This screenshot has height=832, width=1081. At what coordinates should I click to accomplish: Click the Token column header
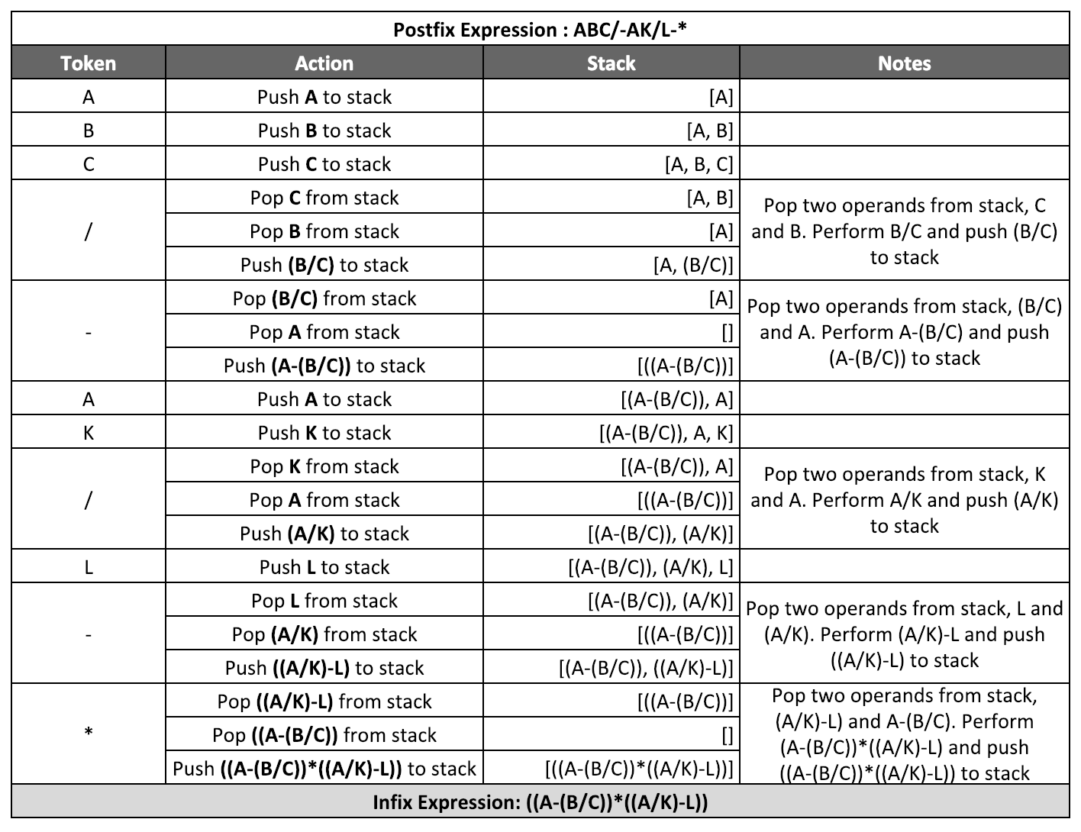(89, 63)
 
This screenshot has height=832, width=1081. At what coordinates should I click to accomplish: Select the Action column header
(324, 63)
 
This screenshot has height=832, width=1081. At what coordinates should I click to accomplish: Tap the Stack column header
(611, 63)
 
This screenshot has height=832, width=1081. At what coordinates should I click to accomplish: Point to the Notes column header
(904, 63)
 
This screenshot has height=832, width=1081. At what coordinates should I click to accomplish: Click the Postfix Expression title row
(540, 30)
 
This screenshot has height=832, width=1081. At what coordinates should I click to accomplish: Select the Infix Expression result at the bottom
(540, 802)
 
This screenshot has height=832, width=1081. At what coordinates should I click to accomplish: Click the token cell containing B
(89, 131)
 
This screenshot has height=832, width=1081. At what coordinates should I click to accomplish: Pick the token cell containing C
(89, 164)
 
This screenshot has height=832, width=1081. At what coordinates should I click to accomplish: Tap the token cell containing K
(89, 433)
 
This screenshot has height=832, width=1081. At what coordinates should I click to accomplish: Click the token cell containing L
(89, 567)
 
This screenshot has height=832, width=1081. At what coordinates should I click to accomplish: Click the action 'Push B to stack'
(324, 131)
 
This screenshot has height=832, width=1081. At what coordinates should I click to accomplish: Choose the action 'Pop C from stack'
(324, 198)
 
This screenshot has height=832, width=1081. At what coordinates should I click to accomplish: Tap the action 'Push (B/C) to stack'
(324, 265)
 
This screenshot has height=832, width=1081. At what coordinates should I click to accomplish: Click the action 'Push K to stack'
(324, 433)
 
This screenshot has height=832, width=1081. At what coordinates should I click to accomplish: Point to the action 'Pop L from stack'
(324, 601)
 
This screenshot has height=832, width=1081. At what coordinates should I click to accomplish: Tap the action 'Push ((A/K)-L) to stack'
(324, 668)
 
